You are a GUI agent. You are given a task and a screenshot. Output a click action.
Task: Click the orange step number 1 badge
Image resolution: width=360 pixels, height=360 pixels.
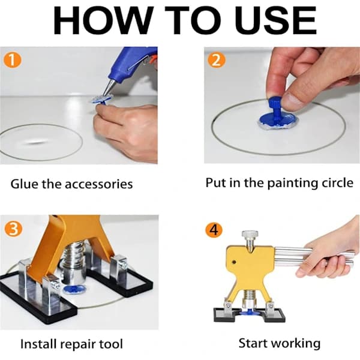13,61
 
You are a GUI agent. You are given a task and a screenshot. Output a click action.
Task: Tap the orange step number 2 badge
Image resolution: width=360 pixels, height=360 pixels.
217,60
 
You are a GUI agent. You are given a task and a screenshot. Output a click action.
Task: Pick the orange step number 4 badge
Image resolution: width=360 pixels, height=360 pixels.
214,230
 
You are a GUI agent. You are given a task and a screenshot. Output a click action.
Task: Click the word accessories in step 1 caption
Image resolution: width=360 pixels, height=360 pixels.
99,184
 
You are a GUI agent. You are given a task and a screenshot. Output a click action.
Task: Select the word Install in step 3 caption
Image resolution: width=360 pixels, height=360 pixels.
37,344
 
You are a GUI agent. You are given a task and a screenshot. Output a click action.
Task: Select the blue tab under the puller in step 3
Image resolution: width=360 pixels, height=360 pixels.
74,290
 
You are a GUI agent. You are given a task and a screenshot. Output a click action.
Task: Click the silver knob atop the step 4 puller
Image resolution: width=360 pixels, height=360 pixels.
250,236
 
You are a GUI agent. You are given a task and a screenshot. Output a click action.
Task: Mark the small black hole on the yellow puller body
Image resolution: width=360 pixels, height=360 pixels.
234,262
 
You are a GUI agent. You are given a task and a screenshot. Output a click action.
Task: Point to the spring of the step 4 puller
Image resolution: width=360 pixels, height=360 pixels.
248,296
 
